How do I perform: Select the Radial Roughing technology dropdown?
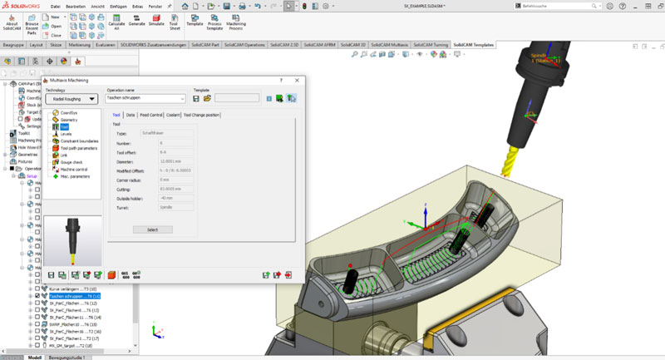pyautogui.click(x=72, y=98)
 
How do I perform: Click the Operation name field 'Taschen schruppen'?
pyautogui.click(x=145, y=98)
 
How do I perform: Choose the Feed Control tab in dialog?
pyautogui.click(x=150, y=115)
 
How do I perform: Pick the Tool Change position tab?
pyautogui.click(x=202, y=115)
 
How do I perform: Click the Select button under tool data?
pyautogui.click(x=153, y=229)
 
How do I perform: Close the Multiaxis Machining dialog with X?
pyautogui.click(x=297, y=80)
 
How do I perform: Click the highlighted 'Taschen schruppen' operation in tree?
pyautogui.click(x=75, y=296)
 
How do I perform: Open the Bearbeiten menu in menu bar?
pyautogui.click(x=76, y=6)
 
